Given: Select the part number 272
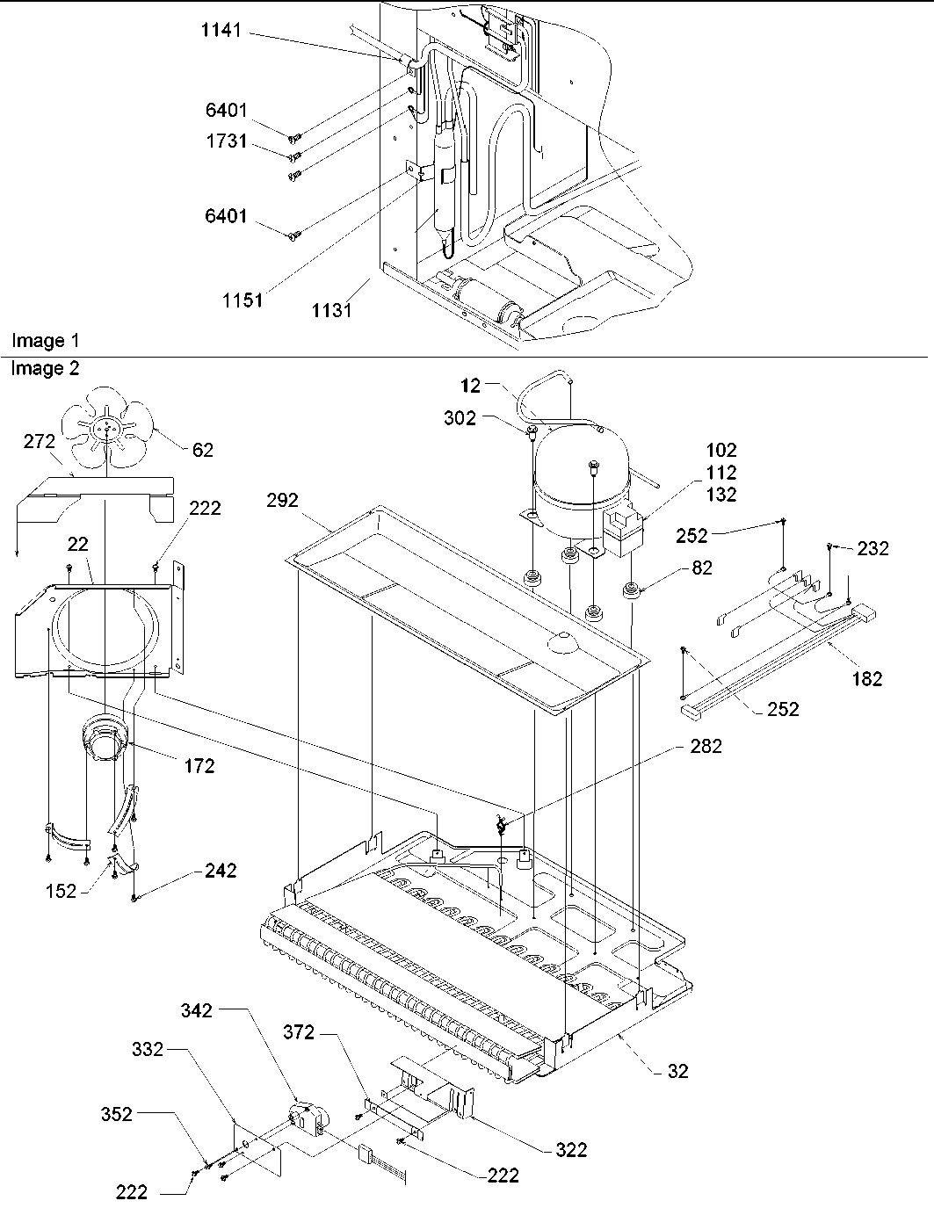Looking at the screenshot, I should coord(39,441).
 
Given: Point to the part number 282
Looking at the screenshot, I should coord(706,746).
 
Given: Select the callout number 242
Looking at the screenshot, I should coord(220,871).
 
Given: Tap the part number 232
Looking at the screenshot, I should coord(872,549).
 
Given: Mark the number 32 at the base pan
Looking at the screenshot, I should coord(677,1070).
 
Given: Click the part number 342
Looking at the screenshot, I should coord(196,1010).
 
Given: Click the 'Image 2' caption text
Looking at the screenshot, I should coord(45,369).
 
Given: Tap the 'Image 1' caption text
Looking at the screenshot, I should coord(39,341).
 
